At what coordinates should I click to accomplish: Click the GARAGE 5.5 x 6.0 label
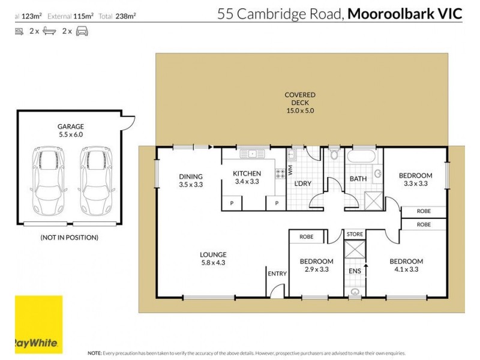coord(70,131)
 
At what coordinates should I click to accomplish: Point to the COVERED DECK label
coord(299,103)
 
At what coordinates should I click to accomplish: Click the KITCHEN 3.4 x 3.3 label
coord(247,177)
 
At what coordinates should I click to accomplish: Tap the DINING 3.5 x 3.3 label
coord(191,180)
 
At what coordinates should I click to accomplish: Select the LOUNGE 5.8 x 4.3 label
coord(213,258)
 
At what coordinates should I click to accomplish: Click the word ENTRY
coord(277,274)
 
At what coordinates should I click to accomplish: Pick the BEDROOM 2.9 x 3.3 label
coord(316,265)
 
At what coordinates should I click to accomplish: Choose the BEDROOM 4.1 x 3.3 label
coord(406,265)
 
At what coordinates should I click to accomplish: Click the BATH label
coord(358,179)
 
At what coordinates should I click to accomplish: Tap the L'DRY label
coord(302,184)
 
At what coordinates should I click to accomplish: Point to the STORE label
coord(355,234)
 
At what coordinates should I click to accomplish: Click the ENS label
coord(354,271)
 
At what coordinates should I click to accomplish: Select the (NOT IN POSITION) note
coord(69,237)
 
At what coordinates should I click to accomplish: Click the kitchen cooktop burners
coord(280,173)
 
